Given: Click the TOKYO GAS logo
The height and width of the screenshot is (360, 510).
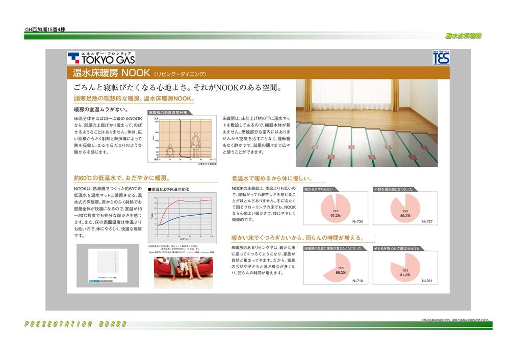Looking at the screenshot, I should (101, 57).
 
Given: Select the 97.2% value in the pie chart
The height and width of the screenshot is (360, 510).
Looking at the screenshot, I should (335, 216).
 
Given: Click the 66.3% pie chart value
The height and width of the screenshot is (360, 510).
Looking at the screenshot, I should (341, 273).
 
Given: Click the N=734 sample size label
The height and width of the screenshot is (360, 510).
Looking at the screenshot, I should (358, 222).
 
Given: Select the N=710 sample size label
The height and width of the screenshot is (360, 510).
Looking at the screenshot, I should (357, 281).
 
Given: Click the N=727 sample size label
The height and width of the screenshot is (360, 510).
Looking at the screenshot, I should (427, 222).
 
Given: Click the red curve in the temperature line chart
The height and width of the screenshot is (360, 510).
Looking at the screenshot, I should (184, 202).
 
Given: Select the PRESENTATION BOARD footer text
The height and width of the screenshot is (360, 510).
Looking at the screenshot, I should (75, 324).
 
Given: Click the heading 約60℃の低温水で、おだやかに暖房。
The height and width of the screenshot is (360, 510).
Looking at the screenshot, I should (121, 178).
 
